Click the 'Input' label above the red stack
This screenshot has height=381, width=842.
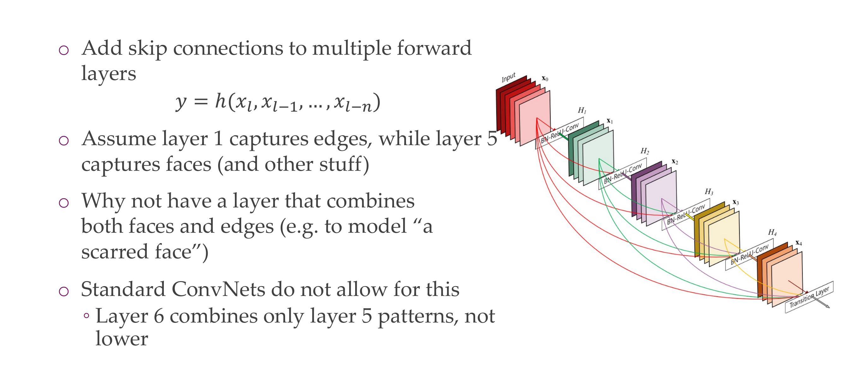click(508, 77)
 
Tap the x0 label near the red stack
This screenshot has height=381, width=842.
click(545, 78)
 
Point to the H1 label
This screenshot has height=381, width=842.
click(582, 110)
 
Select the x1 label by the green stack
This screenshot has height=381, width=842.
click(610, 121)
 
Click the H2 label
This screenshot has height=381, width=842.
click(645, 151)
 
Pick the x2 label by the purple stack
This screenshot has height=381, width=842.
click(675, 162)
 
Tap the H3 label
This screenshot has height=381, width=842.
click(709, 192)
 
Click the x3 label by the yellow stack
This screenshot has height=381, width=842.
click(735, 202)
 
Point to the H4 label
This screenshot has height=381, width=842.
click(772, 232)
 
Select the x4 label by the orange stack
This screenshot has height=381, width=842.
click(798, 243)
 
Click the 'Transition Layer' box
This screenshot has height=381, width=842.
click(809, 297)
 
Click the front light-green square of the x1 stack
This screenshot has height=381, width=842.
click(598, 157)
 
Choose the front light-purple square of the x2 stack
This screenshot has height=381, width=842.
click(661, 198)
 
